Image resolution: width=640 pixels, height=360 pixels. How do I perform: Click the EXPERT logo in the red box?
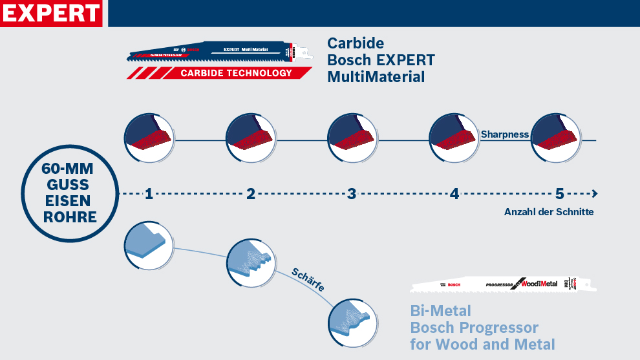51,13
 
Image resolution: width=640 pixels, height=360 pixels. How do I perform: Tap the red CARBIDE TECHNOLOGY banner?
235,73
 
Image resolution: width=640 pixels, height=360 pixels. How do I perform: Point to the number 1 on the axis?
149,193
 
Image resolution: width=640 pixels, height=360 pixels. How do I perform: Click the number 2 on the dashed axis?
251,193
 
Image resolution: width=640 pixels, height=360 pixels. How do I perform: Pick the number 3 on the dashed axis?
352,193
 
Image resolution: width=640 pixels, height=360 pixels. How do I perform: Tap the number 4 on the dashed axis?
454,193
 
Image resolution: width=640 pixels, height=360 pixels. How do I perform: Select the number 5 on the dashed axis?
559,193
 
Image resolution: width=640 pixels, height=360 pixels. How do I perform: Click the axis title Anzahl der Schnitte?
548,212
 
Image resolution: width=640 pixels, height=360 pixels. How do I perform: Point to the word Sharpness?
504,134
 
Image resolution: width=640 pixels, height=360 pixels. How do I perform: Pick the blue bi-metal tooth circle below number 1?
148,245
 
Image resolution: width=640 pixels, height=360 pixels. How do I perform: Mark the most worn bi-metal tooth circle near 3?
352,320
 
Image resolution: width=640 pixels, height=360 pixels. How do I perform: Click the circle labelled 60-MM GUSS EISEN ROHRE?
70,193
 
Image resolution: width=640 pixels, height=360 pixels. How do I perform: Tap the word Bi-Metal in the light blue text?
440,311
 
